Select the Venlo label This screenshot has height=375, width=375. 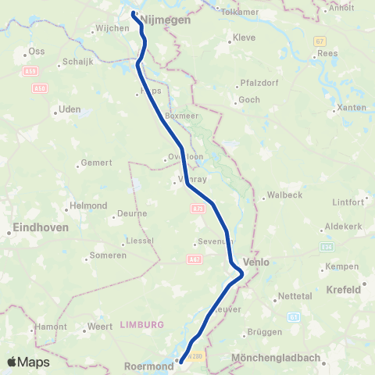pyautogui.click(x=256, y=262)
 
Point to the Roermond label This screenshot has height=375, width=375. pyautogui.click(x=148, y=364)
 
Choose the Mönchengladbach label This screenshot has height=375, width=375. pyautogui.click(x=277, y=359)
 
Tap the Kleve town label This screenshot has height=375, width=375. pyautogui.click(x=245, y=38)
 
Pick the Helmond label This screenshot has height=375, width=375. pyautogui.click(x=88, y=205)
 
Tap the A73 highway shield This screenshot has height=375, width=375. pyautogui.click(x=197, y=209)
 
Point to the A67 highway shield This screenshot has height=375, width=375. pyautogui.click(x=192, y=259)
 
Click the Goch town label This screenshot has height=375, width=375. pyautogui.click(x=249, y=100)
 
